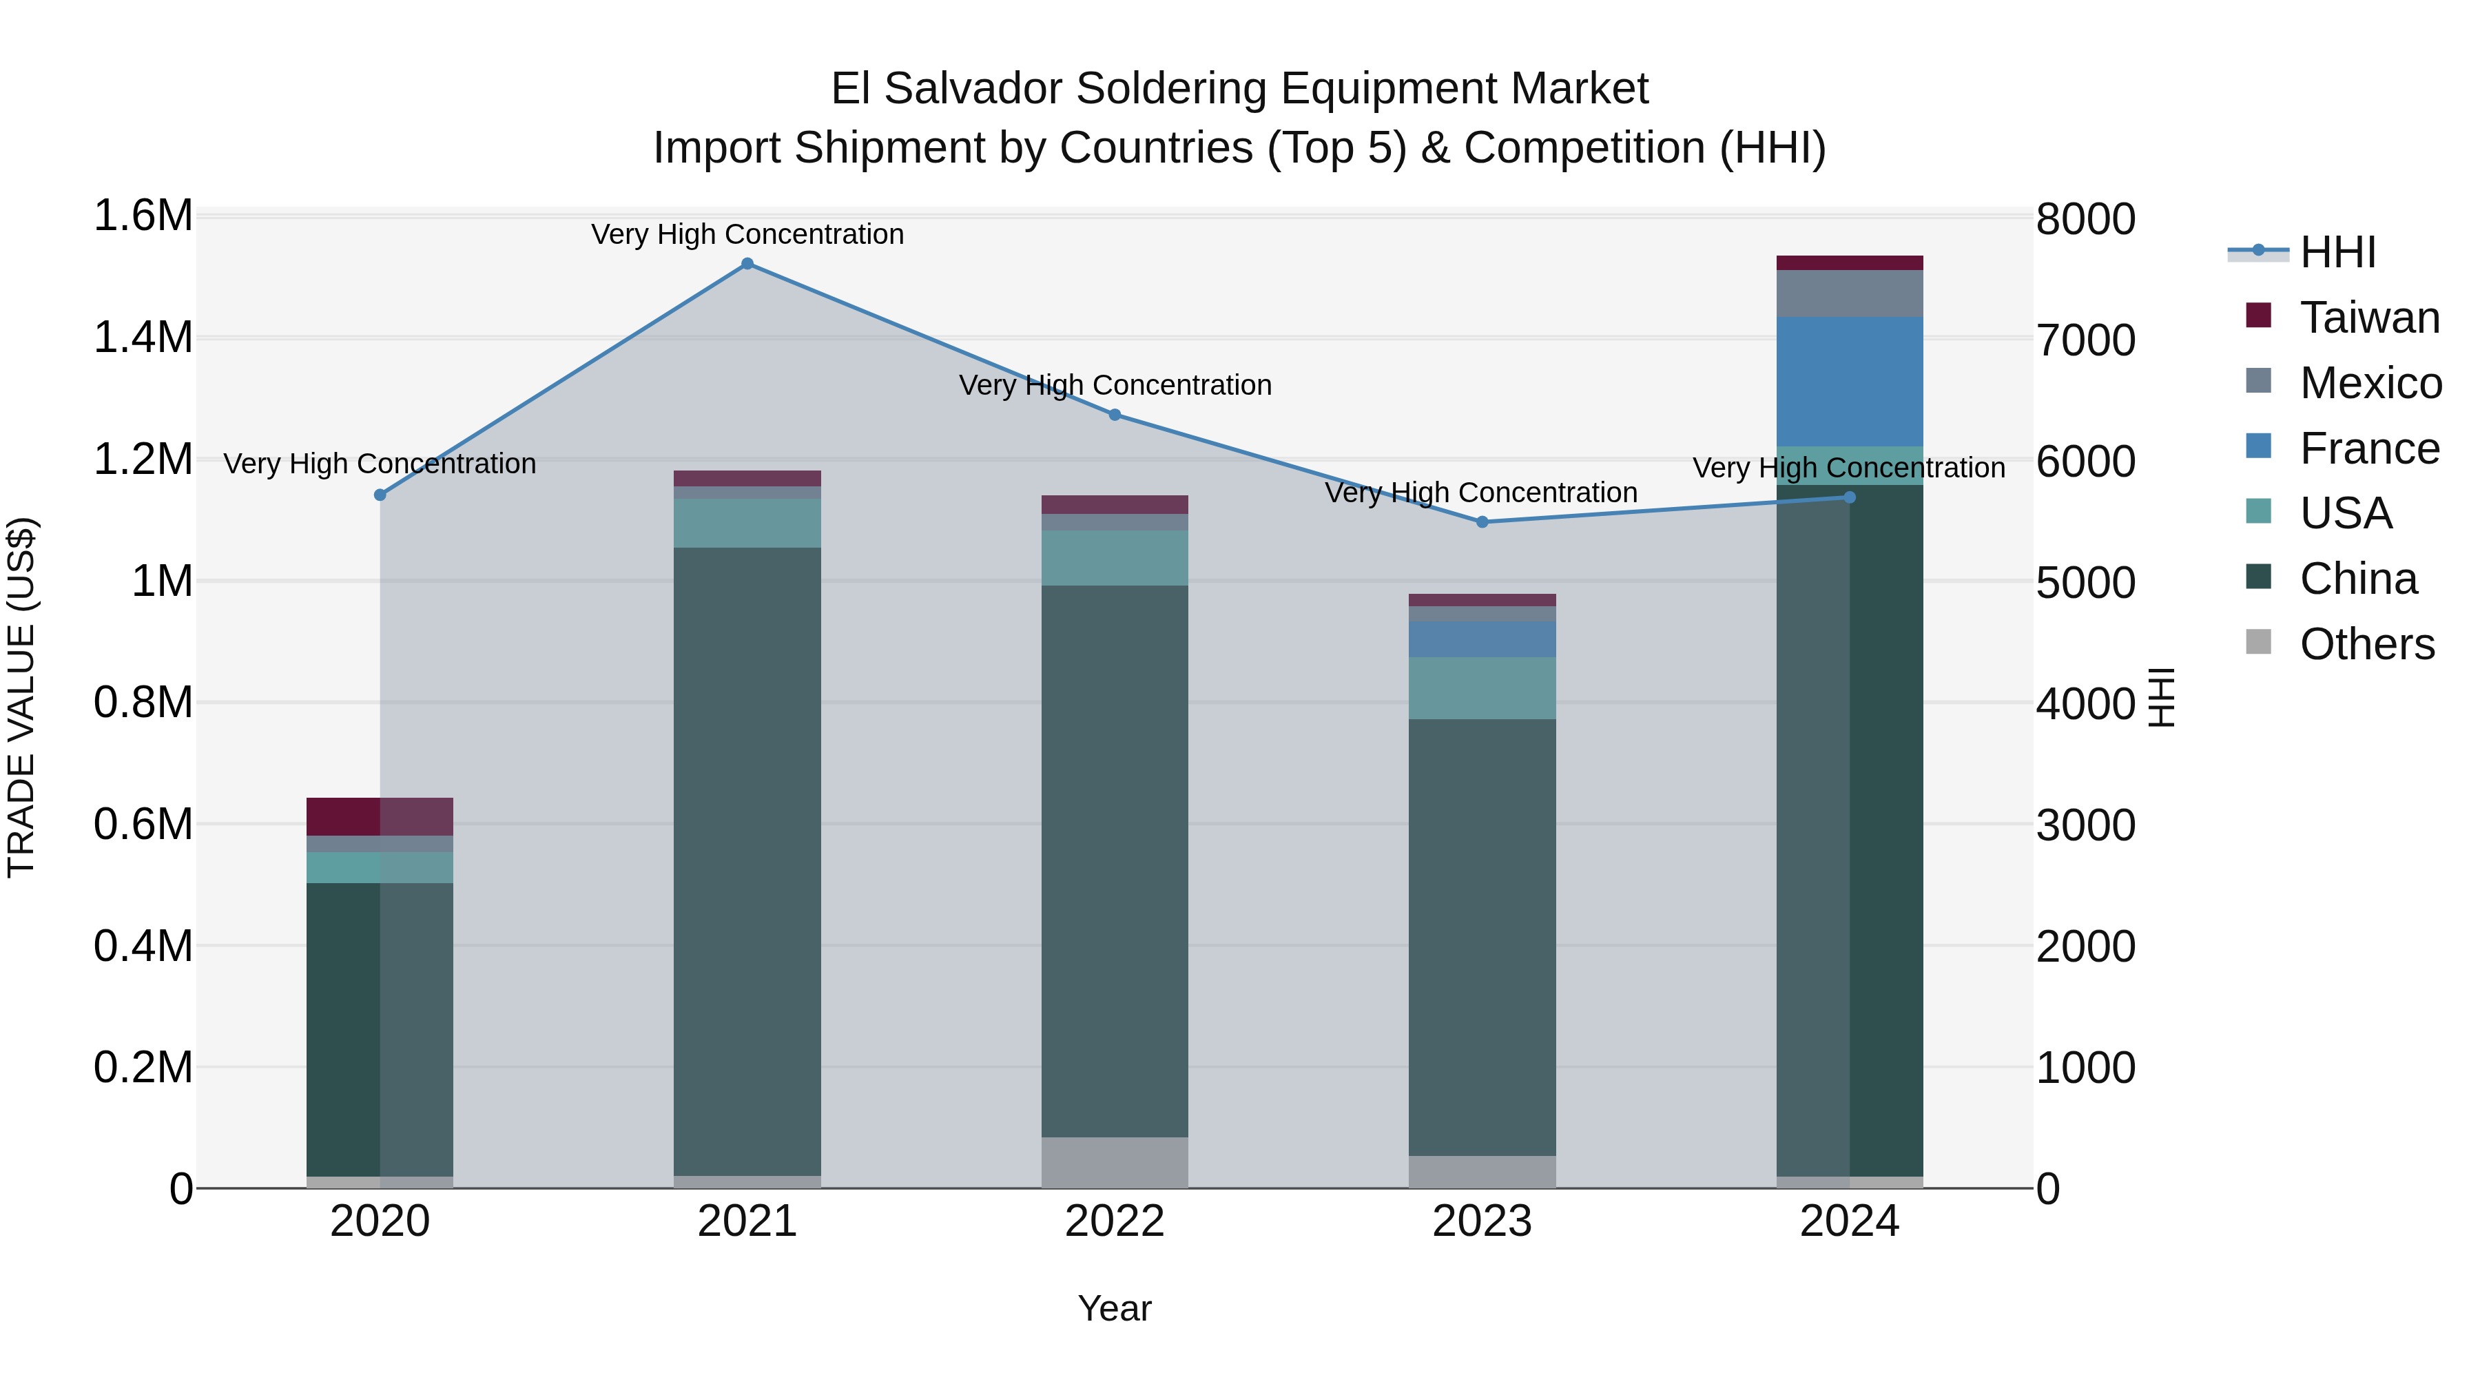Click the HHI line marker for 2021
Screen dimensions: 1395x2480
click(x=747, y=264)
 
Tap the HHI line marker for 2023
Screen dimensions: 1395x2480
click(x=1482, y=521)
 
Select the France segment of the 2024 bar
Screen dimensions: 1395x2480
click(x=1850, y=381)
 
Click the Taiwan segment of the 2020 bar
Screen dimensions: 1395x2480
click(x=380, y=816)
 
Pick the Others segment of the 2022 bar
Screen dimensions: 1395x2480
click(x=1115, y=1162)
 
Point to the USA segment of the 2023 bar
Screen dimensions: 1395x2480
click(x=1482, y=688)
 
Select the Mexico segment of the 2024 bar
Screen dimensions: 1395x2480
click(x=1850, y=293)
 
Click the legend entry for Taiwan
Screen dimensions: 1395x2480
click(x=2368, y=318)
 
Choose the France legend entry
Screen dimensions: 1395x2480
click(x=2368, y=448)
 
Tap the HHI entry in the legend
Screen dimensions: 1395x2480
click(x=2337, y=252)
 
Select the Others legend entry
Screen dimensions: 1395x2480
click(x=2366, y=644)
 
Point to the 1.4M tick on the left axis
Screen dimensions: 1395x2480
click(x=143, y=338)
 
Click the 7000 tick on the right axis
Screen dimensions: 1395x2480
click(x=2085, y=341)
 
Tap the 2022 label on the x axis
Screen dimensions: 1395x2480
click(x=1115, y=1221)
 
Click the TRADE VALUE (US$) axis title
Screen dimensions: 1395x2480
click(x=21, y=697)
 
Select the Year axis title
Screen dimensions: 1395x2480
click(x=1115, y=1308)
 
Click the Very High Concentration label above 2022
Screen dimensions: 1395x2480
click(x=1115, y=385)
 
